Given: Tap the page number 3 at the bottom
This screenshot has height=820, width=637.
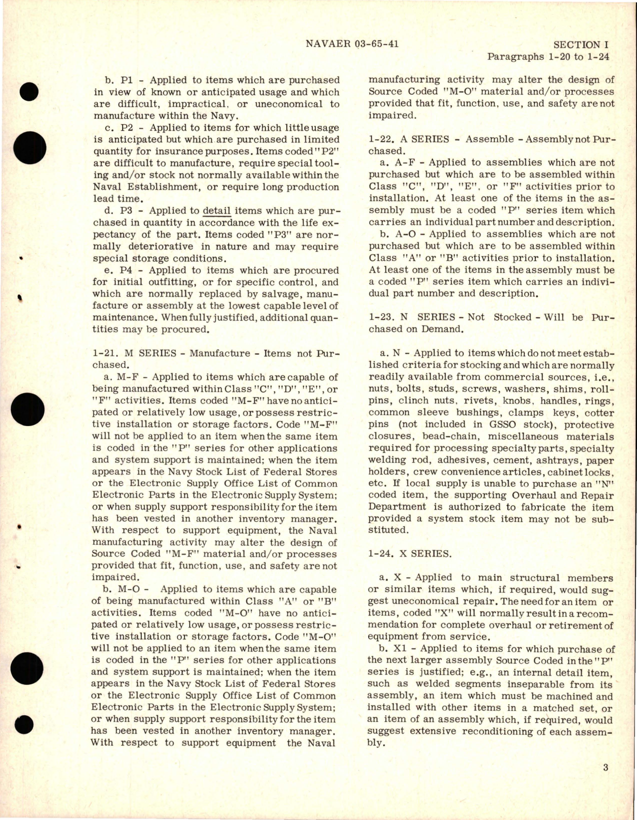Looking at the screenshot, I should pos(605,781).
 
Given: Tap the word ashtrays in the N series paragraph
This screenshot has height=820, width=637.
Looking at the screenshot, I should pos(558,460).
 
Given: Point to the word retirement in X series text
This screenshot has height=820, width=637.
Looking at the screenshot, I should pos(570,625).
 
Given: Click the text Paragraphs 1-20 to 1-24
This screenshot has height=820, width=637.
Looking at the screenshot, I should pos(548,56).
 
